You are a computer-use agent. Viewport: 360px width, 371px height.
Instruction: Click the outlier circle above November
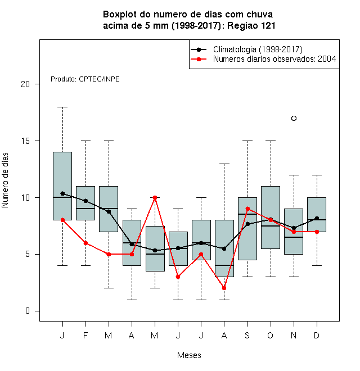point(294,118)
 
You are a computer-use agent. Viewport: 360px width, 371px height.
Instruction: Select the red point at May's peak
point(155,197)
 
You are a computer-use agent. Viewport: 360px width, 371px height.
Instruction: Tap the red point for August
point(224,288)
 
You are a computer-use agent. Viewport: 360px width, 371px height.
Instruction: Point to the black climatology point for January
point(62,193)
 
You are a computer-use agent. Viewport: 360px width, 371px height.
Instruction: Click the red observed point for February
point(85,243)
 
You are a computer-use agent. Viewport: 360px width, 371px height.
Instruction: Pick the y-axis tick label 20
point(25,84)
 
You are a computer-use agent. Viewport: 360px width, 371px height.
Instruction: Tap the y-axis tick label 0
point(28,311)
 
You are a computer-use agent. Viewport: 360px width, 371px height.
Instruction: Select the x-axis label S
point(247,336)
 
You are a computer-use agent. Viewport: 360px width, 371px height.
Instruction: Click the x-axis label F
point(85,336)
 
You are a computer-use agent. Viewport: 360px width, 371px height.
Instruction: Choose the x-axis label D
point(317,336)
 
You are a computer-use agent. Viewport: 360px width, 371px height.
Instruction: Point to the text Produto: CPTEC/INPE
point(85,79)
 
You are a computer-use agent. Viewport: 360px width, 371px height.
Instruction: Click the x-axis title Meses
point(189,355)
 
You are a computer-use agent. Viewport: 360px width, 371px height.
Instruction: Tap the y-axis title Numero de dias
point(5,180)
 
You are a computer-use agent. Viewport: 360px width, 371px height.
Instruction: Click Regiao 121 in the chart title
point(251,25)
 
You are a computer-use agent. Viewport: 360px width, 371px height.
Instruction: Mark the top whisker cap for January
point(62,107)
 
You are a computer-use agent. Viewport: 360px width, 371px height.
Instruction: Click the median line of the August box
point(224,265)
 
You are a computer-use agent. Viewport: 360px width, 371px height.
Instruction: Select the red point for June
point(178,277)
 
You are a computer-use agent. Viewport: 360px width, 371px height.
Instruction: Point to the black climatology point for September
point(247,224)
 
